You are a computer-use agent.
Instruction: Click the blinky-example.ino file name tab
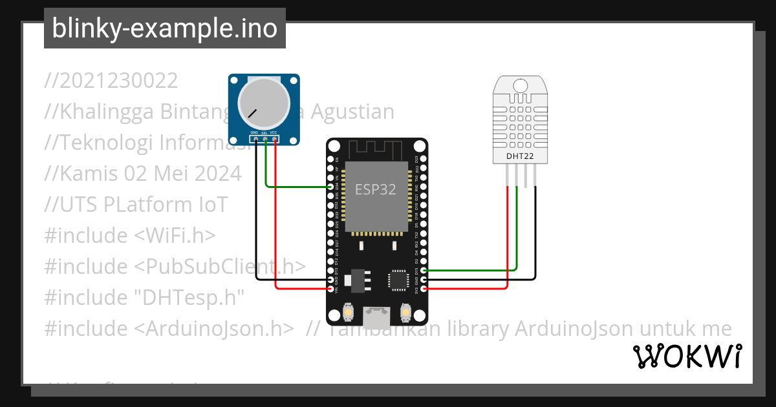pos(164,28)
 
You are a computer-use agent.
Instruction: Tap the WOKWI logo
pos(687,356)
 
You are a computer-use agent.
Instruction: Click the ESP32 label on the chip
pos(375,189)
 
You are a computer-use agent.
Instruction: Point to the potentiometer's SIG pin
pos(265,139)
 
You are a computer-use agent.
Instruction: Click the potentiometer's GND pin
pos(256,139)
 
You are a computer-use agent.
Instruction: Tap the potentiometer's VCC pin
pos(275,139)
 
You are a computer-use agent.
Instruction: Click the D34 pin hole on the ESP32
pos(330,187)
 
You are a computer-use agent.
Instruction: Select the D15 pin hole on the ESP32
pos(424,270)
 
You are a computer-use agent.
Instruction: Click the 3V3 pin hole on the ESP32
pos(424,289)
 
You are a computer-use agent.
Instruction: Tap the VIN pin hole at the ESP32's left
pos(330,289)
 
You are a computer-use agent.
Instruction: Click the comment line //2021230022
pos(111,81)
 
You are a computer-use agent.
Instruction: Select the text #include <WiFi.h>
pos(129,236)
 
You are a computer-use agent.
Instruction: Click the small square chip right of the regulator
pos(397,279)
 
